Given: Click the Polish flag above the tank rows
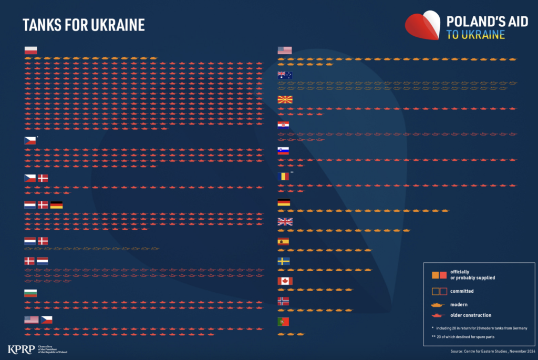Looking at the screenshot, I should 30,50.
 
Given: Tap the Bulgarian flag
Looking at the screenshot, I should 30,293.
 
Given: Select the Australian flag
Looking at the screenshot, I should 284,75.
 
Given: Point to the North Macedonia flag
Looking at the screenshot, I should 284,100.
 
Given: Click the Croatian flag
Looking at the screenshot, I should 284,125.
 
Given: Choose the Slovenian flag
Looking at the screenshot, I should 284,151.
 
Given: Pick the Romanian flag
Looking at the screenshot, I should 284,177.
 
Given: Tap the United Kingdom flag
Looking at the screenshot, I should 284,222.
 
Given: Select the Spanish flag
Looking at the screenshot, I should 284,242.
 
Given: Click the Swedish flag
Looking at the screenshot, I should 284,261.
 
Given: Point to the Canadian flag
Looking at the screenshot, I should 284,281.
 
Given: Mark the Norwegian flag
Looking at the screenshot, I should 284,301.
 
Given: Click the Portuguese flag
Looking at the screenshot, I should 284,321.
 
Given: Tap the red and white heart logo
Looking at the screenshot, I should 422,25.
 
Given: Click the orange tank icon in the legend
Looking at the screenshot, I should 438,304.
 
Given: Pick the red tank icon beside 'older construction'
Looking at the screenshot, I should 438,315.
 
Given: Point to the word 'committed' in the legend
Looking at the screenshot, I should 462,291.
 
